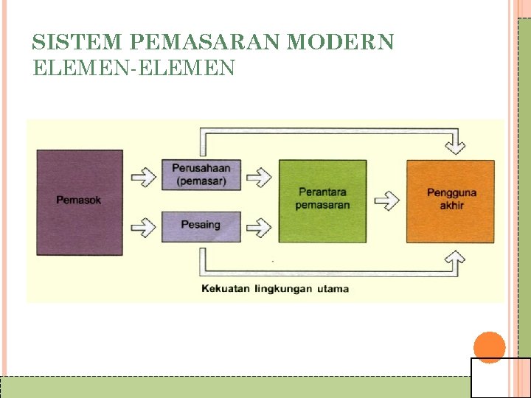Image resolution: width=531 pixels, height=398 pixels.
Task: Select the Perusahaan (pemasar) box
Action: pos(201,175)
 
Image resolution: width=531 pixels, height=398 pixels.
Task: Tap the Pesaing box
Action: pos(201,225)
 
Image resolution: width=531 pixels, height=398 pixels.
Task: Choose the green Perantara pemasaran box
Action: pos(322,200)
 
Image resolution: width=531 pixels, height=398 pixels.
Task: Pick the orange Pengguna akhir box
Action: pos(451,200)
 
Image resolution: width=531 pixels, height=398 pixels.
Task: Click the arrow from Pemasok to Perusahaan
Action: pos(143,176)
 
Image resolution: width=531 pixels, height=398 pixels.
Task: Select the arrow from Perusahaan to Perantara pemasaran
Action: pos(259,176)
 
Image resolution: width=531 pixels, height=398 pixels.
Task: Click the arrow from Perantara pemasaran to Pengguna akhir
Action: pos(386,200)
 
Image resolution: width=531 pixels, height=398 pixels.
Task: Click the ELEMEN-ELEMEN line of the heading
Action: pos(134,68)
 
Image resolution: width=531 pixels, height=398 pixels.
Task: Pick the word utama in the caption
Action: pos(333,288)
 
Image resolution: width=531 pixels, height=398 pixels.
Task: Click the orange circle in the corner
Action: pos(489,347)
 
